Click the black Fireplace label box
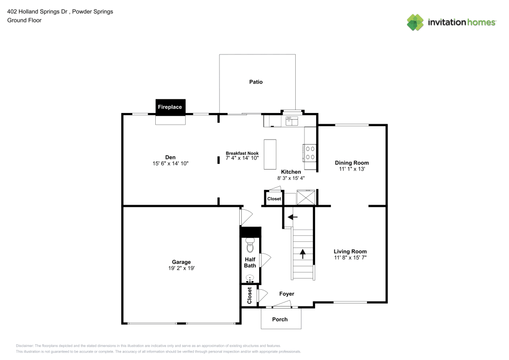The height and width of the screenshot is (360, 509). [170, 107]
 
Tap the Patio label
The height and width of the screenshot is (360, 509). [256, 81]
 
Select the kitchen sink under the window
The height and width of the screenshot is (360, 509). [292, 121]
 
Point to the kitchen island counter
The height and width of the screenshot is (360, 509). [269, 151]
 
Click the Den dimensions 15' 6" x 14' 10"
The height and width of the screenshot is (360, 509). [170, 163]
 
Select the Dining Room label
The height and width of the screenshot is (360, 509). [351, 162]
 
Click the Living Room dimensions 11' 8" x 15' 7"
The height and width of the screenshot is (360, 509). [350, 258]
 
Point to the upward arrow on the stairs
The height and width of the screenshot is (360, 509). [303, 253]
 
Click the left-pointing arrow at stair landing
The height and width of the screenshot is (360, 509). [292, 217]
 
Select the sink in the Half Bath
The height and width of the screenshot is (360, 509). [250, 278]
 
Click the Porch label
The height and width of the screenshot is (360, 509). [280, 319]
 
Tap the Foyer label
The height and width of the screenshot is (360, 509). [287, 294]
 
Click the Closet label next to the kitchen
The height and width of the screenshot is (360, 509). [274, 199]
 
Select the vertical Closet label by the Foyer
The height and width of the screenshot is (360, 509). [249, 295]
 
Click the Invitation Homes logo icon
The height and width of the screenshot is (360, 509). [415, 22]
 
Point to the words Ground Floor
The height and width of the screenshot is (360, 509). [24, 20]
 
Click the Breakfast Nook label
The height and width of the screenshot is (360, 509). [242, 153]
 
